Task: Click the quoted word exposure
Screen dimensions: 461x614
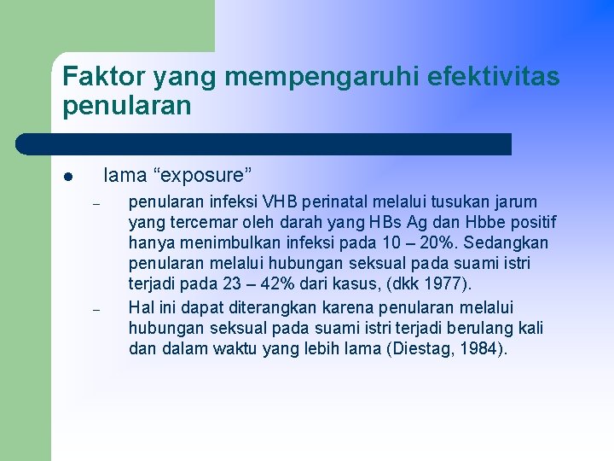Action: coord(202,176)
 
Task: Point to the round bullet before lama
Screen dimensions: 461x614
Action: coord(67,178)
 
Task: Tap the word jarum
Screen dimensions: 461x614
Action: coord(514,201)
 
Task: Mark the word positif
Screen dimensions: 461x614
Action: coord(534,223)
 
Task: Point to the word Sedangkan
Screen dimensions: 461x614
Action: coord(507,243)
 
